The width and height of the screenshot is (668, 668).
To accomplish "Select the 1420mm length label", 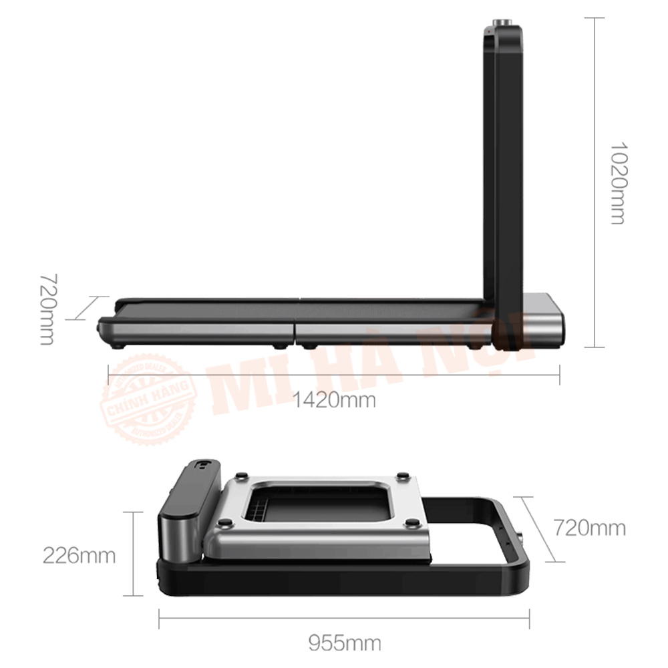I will tap(334, 400).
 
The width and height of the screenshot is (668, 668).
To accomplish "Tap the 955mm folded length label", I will tap(345, 643).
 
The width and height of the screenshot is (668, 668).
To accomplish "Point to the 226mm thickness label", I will tap(79, 554).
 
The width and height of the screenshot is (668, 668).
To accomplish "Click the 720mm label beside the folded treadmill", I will tap(590, 528).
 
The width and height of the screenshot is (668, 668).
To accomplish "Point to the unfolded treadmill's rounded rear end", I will tap(105, 327).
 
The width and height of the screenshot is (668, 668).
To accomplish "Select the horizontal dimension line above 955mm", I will tap(344, 619).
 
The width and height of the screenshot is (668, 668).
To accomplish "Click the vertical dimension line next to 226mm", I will tap(134, 554).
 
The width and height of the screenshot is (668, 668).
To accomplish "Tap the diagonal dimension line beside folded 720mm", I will tap(538, 528).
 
